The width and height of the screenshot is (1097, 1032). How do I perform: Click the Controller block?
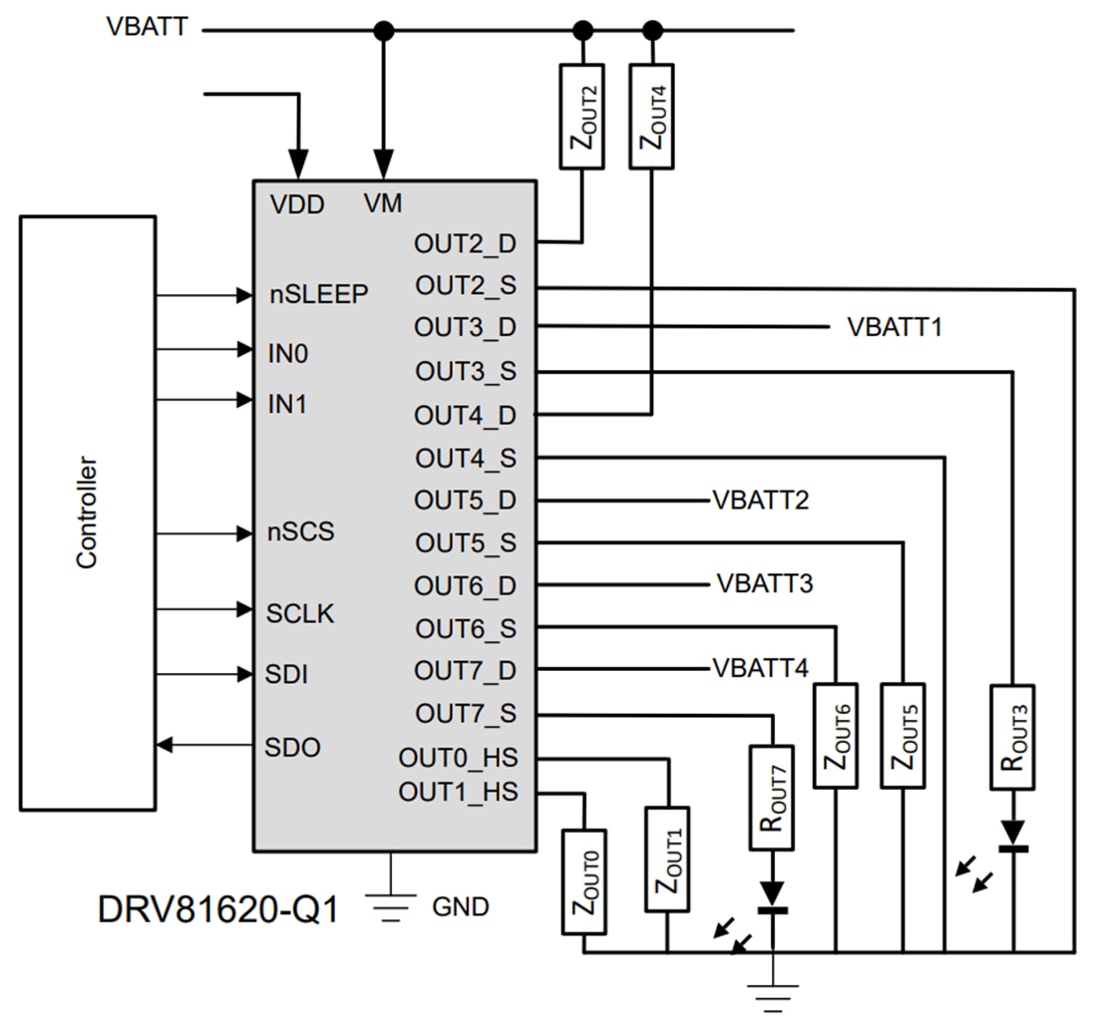88,513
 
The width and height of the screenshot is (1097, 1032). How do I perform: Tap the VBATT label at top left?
147,27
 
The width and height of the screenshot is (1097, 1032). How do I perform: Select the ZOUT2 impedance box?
582,117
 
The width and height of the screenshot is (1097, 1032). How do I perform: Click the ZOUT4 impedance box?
652,117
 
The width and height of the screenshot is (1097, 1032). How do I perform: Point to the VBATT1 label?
895,327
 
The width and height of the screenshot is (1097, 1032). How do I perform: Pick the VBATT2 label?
760,501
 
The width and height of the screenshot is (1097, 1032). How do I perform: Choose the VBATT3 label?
764,583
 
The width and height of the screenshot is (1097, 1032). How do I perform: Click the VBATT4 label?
760,668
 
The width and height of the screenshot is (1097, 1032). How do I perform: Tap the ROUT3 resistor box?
1012,737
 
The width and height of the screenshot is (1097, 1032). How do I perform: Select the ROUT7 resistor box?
773,798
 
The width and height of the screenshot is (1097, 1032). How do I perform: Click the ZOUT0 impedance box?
583,881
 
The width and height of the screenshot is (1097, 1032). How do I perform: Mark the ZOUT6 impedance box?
836,736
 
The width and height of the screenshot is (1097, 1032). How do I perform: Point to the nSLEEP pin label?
319,295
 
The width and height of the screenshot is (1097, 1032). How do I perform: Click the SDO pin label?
293,747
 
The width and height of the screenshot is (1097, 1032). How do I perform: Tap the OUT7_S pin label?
465,714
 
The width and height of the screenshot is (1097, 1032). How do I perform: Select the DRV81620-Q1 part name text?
217,908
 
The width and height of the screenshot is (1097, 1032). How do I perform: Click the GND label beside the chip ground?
460,907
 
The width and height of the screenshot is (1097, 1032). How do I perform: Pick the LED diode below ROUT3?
1012,836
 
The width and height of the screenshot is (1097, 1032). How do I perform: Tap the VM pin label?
383,204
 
